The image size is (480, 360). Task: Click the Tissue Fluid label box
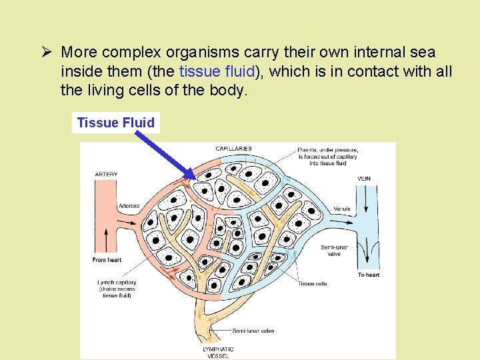click(116, 123)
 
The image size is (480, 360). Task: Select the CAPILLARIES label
click(233, 148)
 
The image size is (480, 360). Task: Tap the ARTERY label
click(106, 175)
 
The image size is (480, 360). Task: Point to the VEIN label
click(364, 179)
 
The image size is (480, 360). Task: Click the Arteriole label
click(129, 206)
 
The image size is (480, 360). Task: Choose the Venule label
click(342, 209)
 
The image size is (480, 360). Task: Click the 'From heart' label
click(107, 260)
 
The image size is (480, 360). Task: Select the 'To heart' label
click(369, 275)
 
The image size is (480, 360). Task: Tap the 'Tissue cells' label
click(312, 283)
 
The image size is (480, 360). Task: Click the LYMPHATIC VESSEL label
click(218, 352)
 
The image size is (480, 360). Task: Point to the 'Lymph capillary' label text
click(117, 283)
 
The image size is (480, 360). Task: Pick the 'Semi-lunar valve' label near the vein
click(334, 250)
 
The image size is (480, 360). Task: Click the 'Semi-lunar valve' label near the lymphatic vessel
click(253, 331)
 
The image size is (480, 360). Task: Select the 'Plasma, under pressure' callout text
click(327, 150)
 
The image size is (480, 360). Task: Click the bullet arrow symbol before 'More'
click(47, 52)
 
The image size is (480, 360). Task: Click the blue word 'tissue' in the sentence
click(199, 71)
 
